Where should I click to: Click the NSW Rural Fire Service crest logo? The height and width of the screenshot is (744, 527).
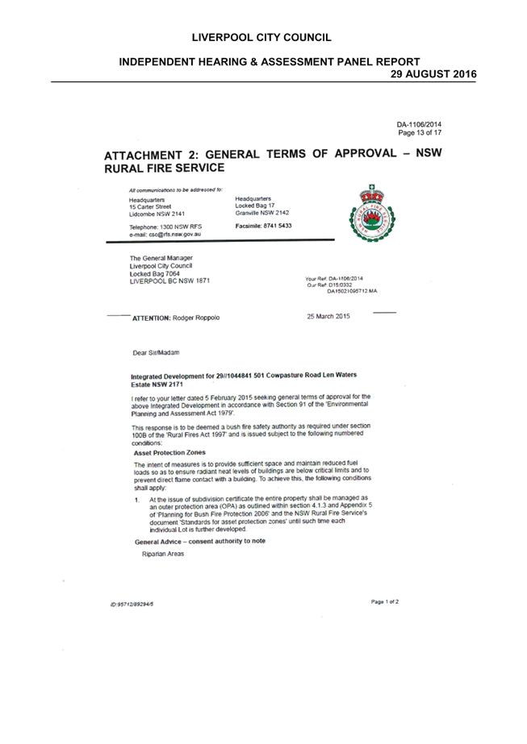click(x=373, y=214)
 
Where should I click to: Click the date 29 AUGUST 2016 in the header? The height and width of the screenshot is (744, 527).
click(x=433, y=74)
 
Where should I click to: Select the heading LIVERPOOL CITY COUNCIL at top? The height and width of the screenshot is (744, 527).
click(x=261, y=38)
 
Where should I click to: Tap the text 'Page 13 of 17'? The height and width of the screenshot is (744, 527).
click(x=420, y=133)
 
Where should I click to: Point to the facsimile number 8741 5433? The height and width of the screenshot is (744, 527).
click(x=277, y=226)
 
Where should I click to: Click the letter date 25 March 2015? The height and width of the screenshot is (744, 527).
click(x=328, y=317)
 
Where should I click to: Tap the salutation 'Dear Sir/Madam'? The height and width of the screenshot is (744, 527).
click(x=156, y=353)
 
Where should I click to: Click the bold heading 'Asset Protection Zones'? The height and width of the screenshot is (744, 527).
click(x=169, y=453)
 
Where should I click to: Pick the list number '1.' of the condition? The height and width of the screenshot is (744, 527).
click(x=137, y=500)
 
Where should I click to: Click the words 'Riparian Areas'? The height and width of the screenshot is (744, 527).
click(x=163, y=554)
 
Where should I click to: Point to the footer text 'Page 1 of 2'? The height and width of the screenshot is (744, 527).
click(x=385, y=601)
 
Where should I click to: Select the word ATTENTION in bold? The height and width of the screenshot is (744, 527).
click(x=151, y=318)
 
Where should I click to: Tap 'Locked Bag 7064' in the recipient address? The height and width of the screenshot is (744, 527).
click(x=154, y=274)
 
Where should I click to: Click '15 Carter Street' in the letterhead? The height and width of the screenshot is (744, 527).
click(x=150, y=207)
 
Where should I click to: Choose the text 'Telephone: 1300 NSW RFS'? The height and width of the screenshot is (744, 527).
click(x=165, y=227)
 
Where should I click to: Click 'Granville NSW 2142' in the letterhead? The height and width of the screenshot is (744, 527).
click(x=261, y=213)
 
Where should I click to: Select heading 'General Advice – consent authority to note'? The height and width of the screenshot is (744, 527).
click(x=200, y=542)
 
